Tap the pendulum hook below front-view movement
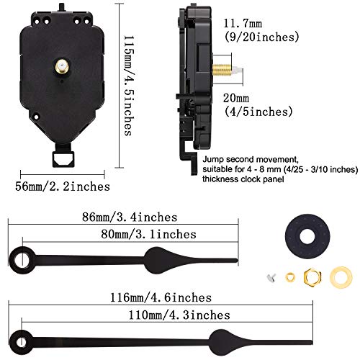click(69, 157)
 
